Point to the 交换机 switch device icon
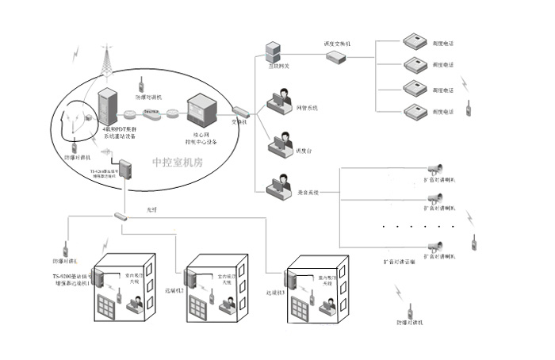[240, 112]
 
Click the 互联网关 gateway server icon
[273, 52]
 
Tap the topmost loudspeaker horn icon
[434, 168]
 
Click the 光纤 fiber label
[151, 209]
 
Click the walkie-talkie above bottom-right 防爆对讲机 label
[411, 311]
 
